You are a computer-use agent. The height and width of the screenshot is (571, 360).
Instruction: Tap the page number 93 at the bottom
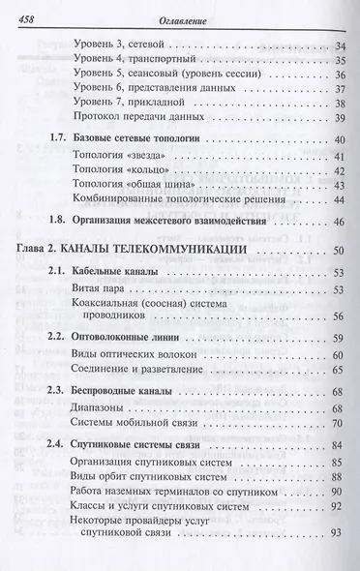pos(336,559)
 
